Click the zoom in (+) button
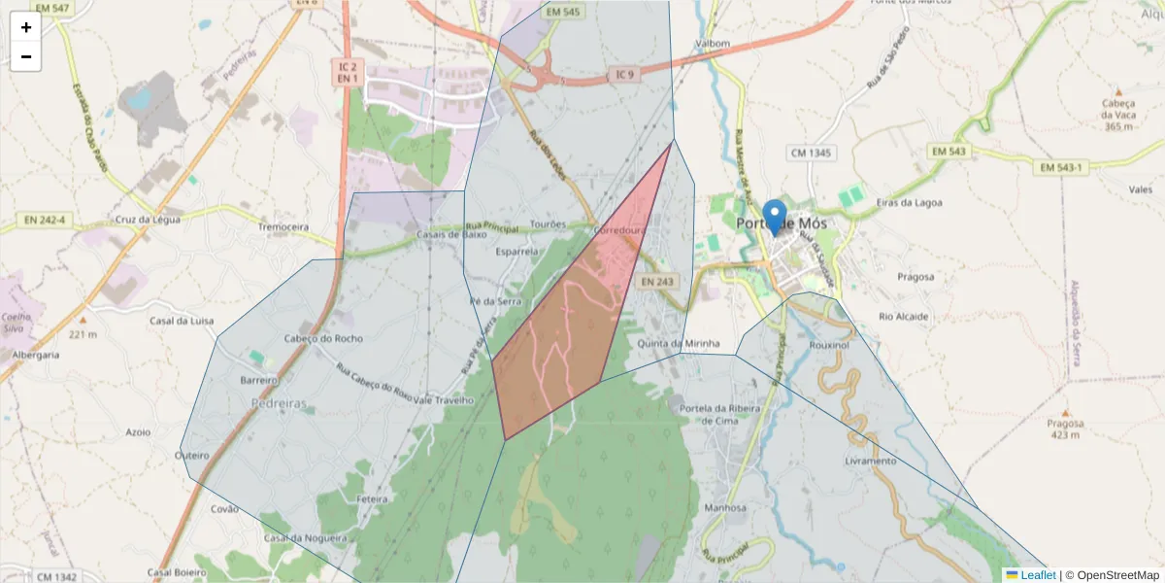point(26,27)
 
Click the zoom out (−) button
point(26,56)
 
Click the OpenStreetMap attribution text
point(1117,575)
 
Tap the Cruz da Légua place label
point(148,220)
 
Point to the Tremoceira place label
point(283,226)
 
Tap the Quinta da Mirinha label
point(680,344)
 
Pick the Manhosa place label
point(725,507)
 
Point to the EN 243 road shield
point(657,282)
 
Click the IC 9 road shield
point(624,75)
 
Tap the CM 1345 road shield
point(812,153)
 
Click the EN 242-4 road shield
point(48,221)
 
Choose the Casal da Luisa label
point(182,320)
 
